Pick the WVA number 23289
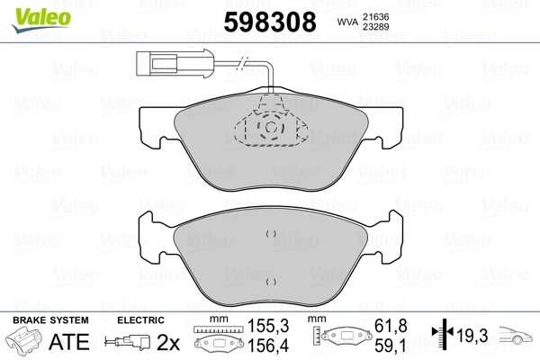[x=376, y=27]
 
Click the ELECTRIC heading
[x=141, y=319]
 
